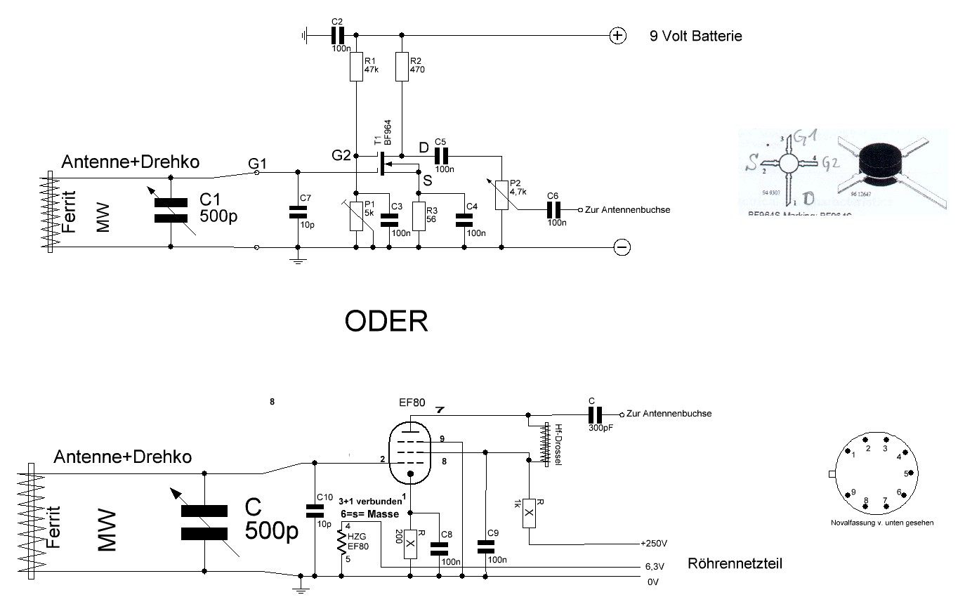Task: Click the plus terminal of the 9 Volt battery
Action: coord(617,35)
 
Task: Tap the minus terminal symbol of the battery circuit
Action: coord(622,247)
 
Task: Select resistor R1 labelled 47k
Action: coord(356,68)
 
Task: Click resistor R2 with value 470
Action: coord(402,68)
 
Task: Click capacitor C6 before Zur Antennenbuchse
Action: coord(553,209)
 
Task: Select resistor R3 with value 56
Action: coord(419,216)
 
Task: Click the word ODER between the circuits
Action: coord(386,322)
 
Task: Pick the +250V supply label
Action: coord(655,544)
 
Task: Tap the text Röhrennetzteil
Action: coord(735,563)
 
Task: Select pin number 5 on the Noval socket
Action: coord(906,474)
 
